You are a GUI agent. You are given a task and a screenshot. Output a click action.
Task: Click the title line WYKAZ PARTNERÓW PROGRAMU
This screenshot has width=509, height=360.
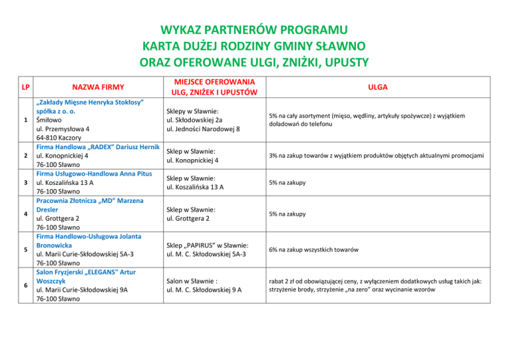point(254,30)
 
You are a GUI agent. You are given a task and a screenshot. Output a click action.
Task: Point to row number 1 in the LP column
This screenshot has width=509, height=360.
point(25,120)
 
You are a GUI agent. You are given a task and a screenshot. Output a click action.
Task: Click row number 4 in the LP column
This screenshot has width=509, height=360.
point(25,214)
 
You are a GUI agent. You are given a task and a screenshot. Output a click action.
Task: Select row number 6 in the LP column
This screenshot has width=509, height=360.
point(25,284)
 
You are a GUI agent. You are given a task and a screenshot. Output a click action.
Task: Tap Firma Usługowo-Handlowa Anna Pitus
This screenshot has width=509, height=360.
point(95,174)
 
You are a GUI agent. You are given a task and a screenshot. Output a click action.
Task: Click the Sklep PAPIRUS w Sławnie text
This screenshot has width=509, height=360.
point(207,245)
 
